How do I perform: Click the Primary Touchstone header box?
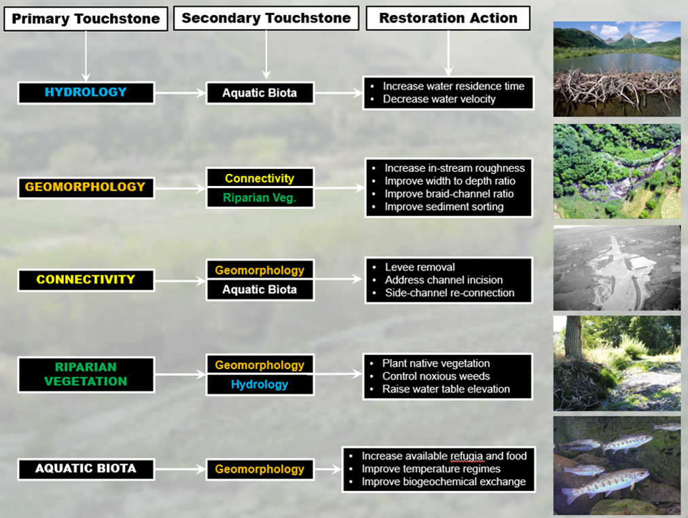(86, 19)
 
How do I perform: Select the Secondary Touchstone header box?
(266, 18)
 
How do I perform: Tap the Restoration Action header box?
(448, 18)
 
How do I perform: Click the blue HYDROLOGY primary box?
(86, 92)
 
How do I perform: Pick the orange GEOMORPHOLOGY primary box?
(86, 187)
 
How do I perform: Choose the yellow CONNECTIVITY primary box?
(86, 280)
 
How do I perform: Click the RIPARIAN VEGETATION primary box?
(86, 375)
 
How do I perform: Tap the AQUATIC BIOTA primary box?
(86, 469)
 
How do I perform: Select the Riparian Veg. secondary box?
(260, 198)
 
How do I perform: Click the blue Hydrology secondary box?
(260, 385)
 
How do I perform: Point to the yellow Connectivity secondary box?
(260, 178)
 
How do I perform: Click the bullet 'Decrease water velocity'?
(439, 99)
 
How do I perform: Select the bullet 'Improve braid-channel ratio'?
(449, 194)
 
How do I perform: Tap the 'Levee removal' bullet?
(420, 267)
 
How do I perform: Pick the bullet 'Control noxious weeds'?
(436, 376)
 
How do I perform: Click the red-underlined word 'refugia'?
(467, 456)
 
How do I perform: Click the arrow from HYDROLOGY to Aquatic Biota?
(181, 93)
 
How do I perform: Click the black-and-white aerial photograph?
(617, 268)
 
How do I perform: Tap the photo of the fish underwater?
(617, 465)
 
